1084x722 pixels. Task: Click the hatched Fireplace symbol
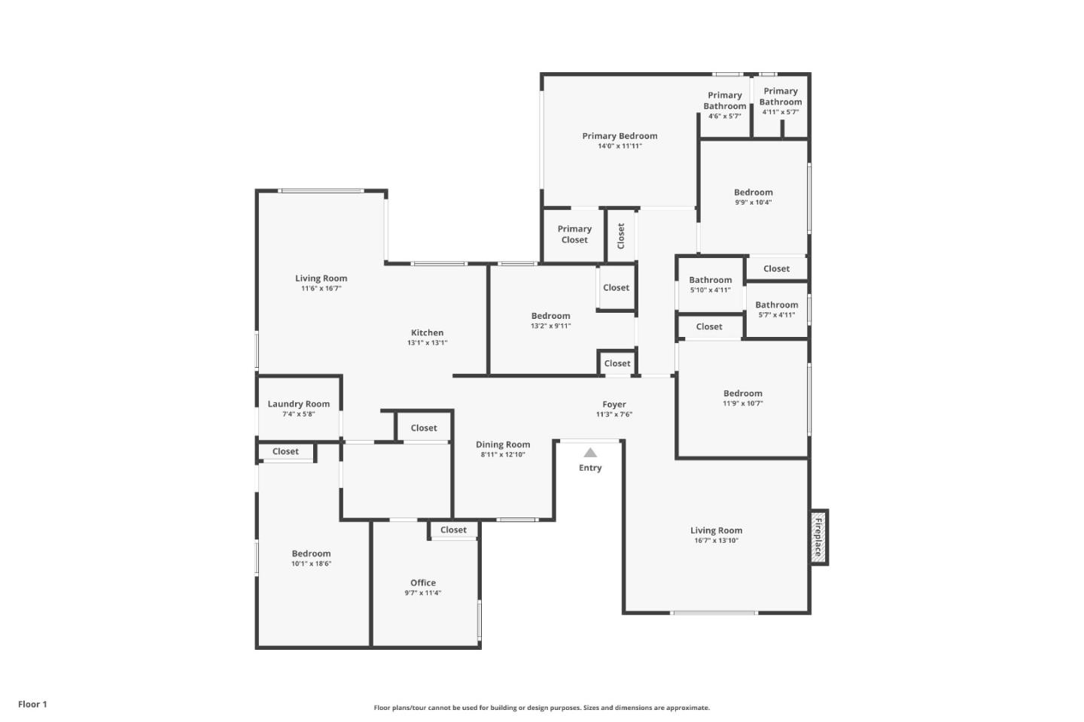(818, 537)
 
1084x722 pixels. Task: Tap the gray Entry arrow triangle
(590, 453)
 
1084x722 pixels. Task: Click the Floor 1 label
(32, 704)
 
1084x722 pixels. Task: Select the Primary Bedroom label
(620, 136)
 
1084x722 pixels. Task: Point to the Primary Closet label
(574, 234)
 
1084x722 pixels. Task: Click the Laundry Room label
(298, 404)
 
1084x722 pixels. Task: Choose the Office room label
(423, 583)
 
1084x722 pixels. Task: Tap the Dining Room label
(503, 444)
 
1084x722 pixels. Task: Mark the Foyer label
(614, 404)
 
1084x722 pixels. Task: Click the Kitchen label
(427, 332)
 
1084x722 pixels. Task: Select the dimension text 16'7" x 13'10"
(716, 541)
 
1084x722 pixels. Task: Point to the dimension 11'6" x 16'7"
(321, 289)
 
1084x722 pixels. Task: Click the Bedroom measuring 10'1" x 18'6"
(311, 554)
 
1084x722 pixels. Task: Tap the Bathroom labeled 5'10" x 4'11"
(710, 280)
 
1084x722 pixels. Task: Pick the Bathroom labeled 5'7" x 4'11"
(776, 305)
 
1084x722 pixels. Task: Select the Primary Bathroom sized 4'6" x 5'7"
(724, 101)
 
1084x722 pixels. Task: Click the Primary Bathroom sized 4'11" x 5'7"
(781, 96)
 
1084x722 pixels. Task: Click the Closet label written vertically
(621, 235)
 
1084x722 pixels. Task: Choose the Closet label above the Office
(453, 530)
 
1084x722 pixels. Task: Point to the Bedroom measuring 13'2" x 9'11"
(550, 316)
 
